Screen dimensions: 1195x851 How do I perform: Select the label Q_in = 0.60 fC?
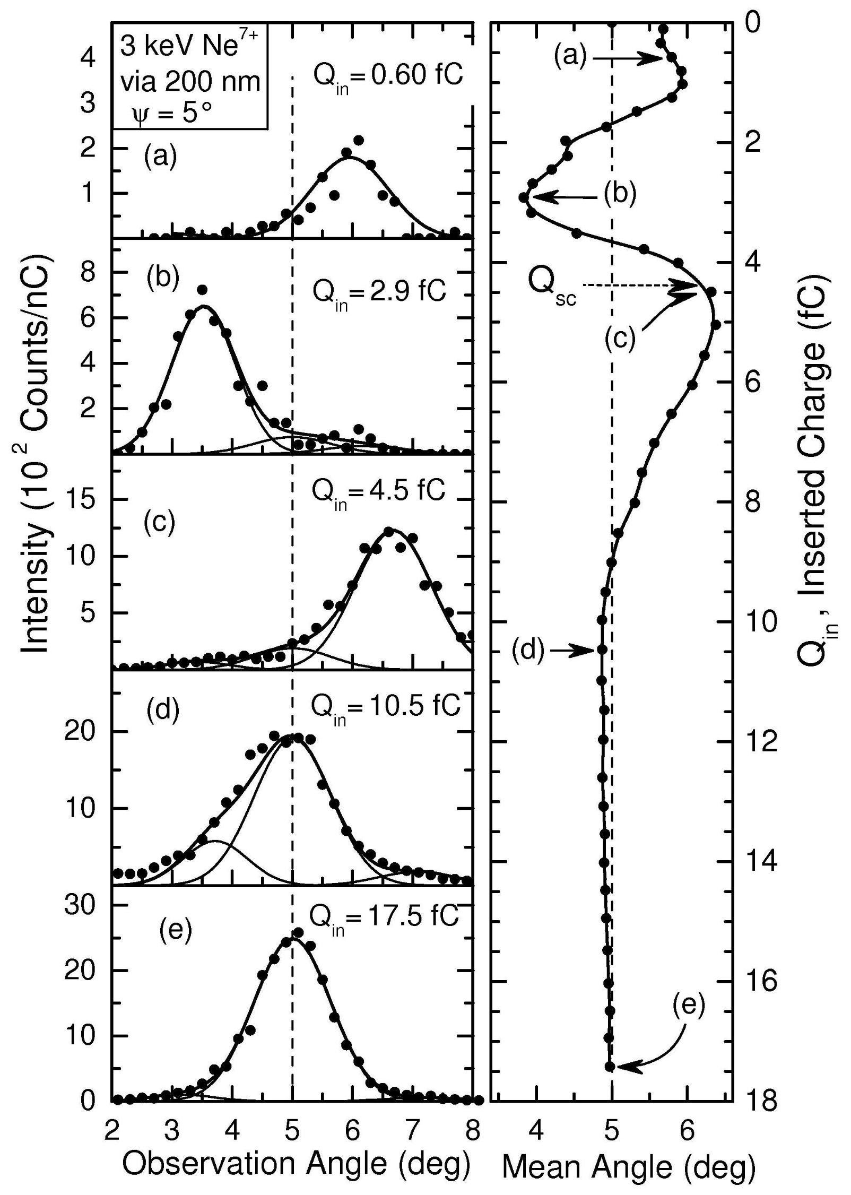[388, 76]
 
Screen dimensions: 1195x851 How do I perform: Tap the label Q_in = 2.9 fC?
[379, 293]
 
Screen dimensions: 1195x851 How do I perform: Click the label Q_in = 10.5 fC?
[385, 707]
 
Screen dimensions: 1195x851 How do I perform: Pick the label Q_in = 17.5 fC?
[383, 917]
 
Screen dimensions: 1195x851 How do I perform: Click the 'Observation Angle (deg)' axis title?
[296, 1164]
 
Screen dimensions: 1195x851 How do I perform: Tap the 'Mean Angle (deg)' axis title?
[628, 1167]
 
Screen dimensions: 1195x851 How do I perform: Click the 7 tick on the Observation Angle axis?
[412, 1128]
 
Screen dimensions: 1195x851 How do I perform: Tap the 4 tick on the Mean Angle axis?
[536, 1128]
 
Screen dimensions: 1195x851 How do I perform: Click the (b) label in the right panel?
[620, 194]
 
